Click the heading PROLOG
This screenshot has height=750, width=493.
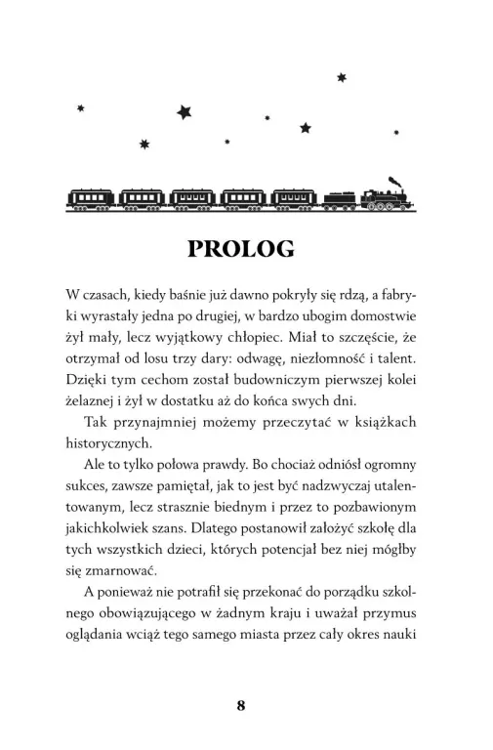point(245,249)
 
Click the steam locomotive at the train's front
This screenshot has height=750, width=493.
point(387,197)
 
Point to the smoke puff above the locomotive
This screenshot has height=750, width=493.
point(392,180)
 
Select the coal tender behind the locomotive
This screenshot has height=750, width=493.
point(341,198)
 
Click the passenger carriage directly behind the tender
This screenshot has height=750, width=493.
point(296,198)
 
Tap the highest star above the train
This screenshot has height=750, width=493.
point(341,76)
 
